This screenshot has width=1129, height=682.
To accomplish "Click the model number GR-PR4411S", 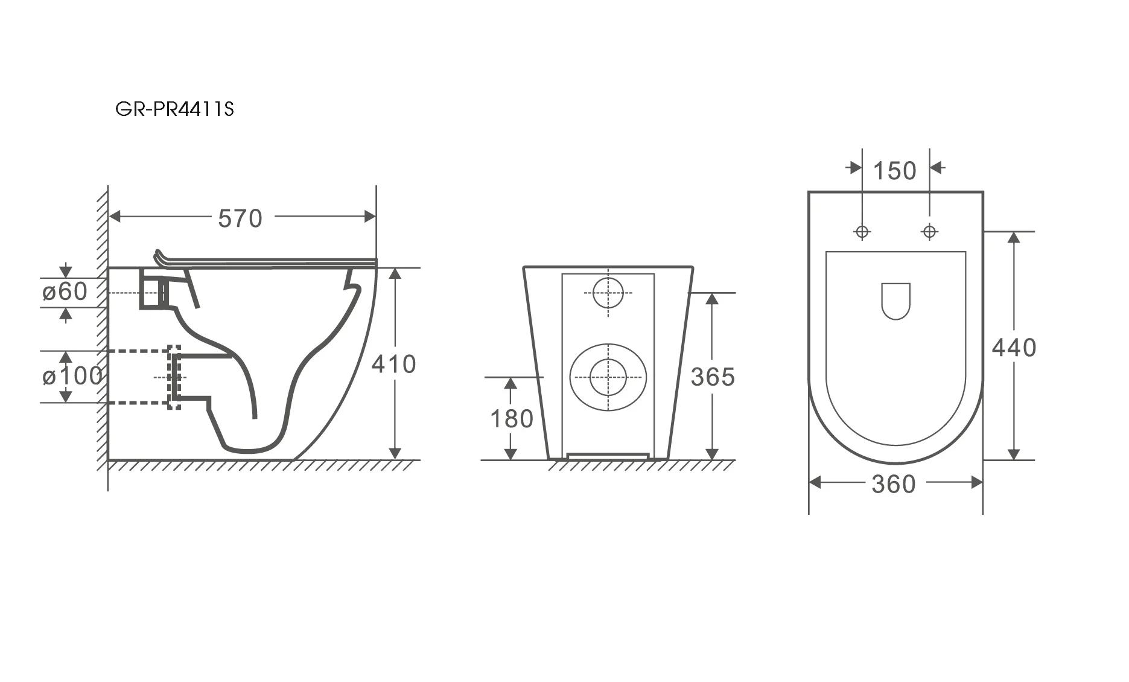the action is point(174,109).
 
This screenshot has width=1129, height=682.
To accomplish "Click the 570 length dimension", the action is point(240,218).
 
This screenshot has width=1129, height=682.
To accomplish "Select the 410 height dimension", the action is point(393,364).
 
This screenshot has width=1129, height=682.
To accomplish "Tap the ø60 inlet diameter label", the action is point(65,292).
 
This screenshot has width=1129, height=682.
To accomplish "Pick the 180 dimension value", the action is point(512,419).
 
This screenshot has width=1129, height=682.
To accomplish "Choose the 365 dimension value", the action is point(713,377).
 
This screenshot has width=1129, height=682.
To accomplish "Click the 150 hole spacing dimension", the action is point(895,171).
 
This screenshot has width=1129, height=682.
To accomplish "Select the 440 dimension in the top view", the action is point(1014,348).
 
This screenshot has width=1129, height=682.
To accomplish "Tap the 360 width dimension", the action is point(894,484).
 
